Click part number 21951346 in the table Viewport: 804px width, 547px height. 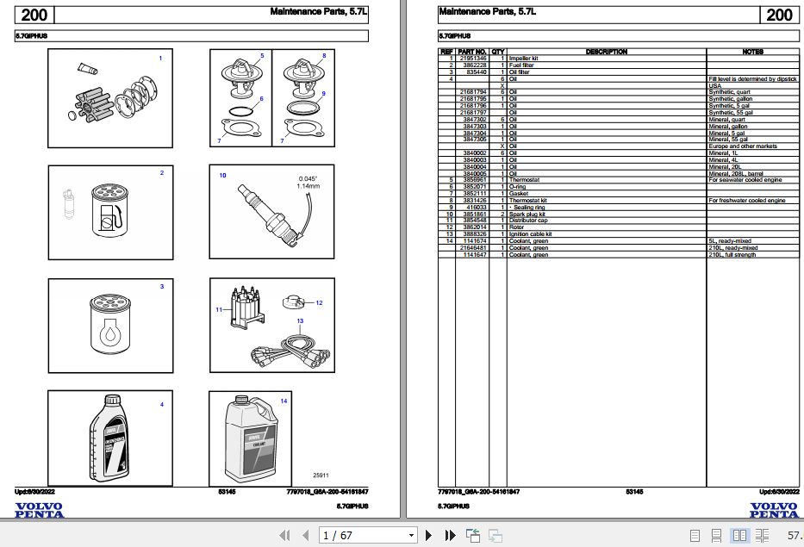[x=473, y=59]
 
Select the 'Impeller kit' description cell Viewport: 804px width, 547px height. [x=523, y=59]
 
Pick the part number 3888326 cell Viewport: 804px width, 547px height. [x=473, y=233]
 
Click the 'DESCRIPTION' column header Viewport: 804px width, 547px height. [x=606, y=52]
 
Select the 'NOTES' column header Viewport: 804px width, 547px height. [x=752, y=52]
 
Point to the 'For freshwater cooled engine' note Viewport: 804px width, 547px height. [x=746, y=200]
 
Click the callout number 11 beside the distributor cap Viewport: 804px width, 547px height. [x=219, y=309]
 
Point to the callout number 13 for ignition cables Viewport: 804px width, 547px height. [x=300, y=321]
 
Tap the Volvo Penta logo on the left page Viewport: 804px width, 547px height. [x=38, y=510]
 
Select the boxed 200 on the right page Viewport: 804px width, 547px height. [x=778, y=15]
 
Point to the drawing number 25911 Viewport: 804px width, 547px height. [x=321, y=475]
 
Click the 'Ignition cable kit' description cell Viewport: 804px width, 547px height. [x=530, y=233]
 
